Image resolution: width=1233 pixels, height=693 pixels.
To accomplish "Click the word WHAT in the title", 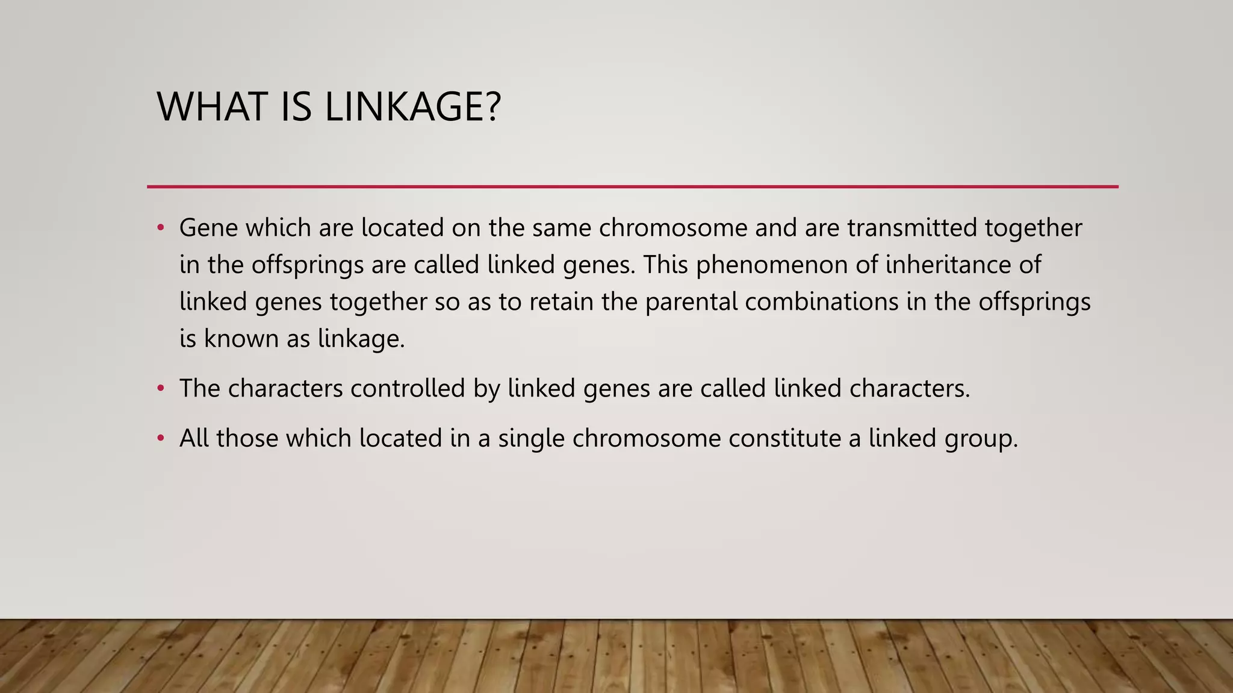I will click(211, 107).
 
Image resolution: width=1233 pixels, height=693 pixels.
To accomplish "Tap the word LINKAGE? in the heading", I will click(412, 107).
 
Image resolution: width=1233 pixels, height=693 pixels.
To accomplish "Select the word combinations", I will click(822, 302).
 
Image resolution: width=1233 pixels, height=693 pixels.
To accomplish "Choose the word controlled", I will click(408, 389).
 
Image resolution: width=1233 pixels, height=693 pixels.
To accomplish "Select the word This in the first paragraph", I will click(665, 265).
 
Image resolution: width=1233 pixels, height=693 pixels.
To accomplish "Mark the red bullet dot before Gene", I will click(160, 228).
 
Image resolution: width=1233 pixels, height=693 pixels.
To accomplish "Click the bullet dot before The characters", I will click(160, 389).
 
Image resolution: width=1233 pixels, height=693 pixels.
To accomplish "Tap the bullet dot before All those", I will click(160, 439).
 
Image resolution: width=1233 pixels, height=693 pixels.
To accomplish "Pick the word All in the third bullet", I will click(194, 439).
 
